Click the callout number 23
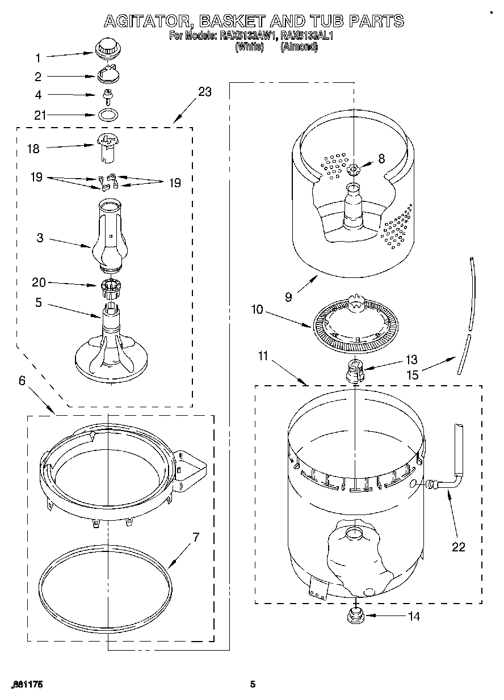[205, 92]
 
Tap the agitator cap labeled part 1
[105, 48]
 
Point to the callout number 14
[414, 615]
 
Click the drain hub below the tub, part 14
[355, 614]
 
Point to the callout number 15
[413, 375]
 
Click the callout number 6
[22, 381]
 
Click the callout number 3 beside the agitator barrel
[40, 238]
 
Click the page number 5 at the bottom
[254, 685]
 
